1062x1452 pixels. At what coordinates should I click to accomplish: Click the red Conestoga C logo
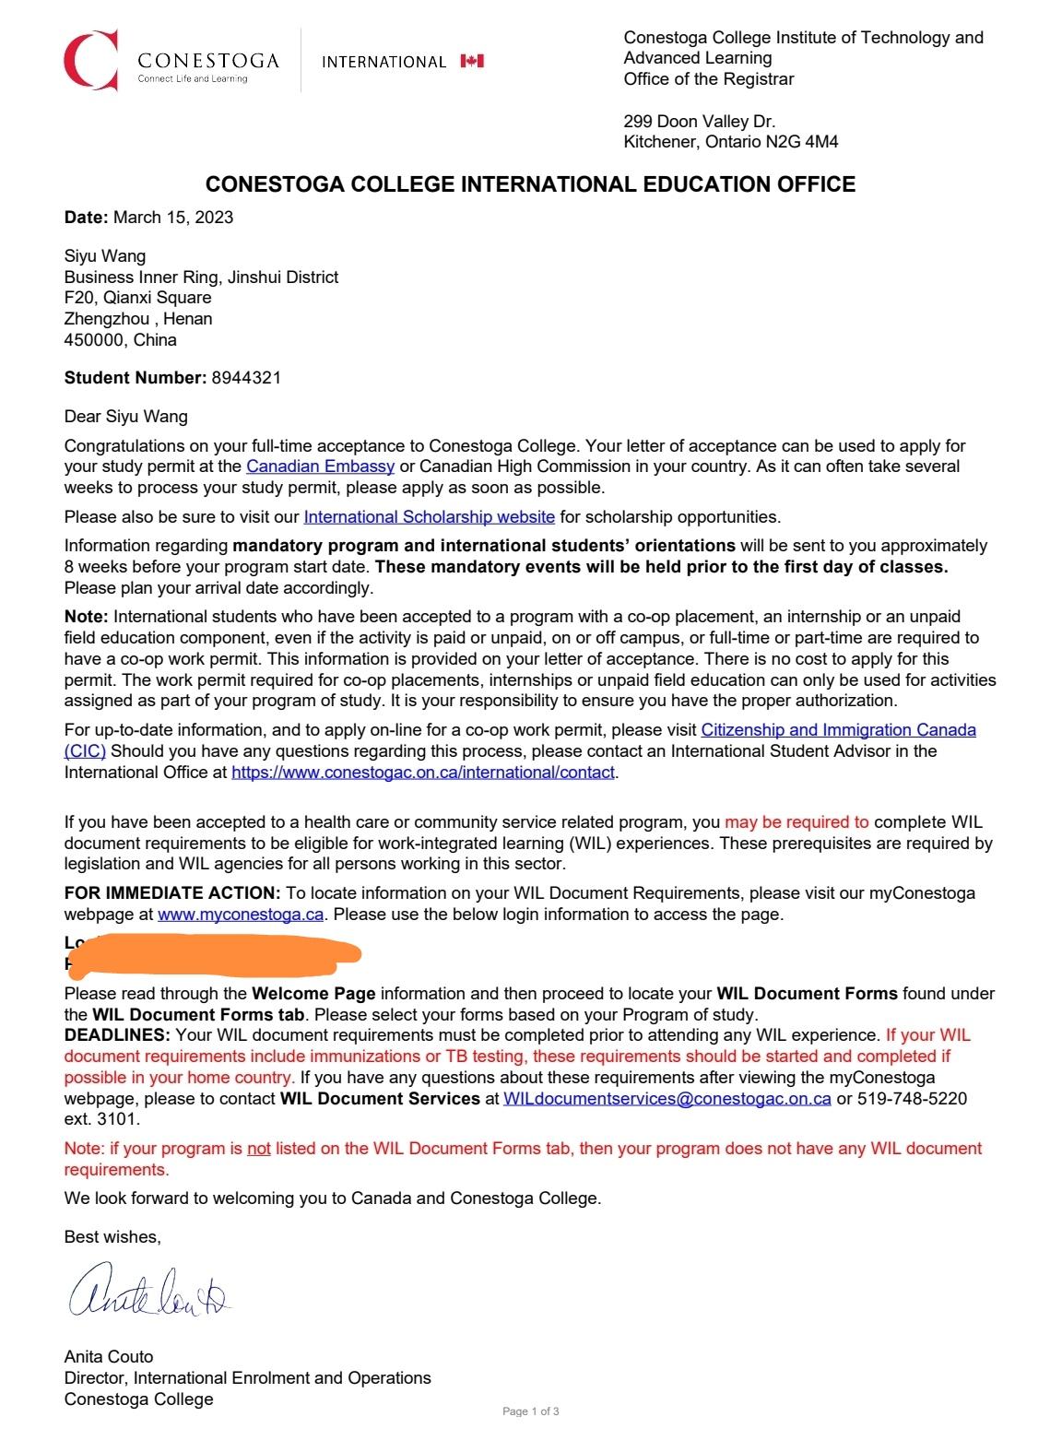pyautogui.click(x=90, y=60)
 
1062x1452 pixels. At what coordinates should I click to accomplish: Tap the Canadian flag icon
pyautogui.click(x=472, y=61)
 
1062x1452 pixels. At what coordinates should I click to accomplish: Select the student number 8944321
pyautogui.click(x=246, y=377)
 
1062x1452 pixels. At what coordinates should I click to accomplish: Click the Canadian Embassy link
pyautogui.click(x=320, y=466)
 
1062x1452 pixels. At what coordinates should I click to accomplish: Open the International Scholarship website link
pyautogui.click(x=429, y=516)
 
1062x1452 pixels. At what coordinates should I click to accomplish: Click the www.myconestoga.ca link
pyautogui.click(x=241, y=915)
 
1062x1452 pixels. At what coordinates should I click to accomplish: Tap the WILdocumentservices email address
pyautogui.click(x=667, y=1098)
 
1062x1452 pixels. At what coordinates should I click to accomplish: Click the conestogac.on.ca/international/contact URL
pyautogui.click(x=422, y=772)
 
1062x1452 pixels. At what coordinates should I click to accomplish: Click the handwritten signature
pyautogui.click(x=147, y=1290)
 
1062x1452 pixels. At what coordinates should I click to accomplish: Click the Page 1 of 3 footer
pyautogui.click(x=531, y=1411)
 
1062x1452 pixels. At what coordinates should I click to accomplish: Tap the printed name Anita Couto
pyautogui.click(x=109, y=1356)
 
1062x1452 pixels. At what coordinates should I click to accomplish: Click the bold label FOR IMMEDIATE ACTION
pyautogui.click(x=172, y=892)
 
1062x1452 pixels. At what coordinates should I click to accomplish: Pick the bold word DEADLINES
pyautogui.click(x=117, y=1035)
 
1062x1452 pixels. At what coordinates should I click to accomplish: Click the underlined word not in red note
pyautogui.click(x=259, y=1149)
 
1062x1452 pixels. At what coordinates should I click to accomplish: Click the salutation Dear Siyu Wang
pyautogui.click(x=125, y=417)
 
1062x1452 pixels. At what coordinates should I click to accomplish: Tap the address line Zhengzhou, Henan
pyautogui.click(x=138, y=319)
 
